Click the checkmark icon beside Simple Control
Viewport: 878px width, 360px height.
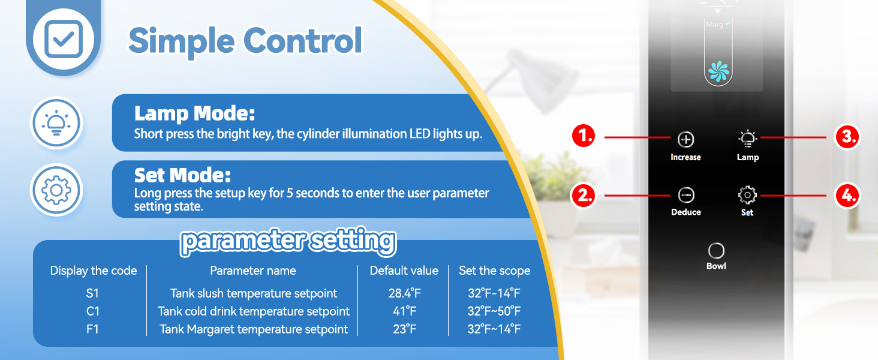[x=64, y=39]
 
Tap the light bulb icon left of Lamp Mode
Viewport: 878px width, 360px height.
[x=56, y=123]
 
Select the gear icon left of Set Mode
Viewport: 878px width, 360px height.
[x=56, y=190]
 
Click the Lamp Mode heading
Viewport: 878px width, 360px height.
[x=194, y=113]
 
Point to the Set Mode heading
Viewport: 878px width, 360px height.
[x=182, y=175]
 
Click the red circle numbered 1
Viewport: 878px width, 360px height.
[x=584, y=136]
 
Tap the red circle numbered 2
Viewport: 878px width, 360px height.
[x=584, y=195]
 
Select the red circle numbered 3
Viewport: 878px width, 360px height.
[x=847, y=137]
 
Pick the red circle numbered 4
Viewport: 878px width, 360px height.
[x=847, y=195]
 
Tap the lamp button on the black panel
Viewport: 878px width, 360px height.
[x=747, y=139]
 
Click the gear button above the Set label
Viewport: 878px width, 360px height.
[x=747, y=195]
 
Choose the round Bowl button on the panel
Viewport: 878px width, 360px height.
[x=716, y=251]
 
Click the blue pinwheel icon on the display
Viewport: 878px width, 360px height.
[x=718, y=71]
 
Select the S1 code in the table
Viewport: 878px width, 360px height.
[x=92, y=293]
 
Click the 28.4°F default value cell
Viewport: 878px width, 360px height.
[x=404, y=293]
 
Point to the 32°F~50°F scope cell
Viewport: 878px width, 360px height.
[x=494, y=311]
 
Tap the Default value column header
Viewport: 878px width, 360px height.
[x=404, y=271]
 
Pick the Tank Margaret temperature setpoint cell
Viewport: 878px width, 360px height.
[x=254, y=329]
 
